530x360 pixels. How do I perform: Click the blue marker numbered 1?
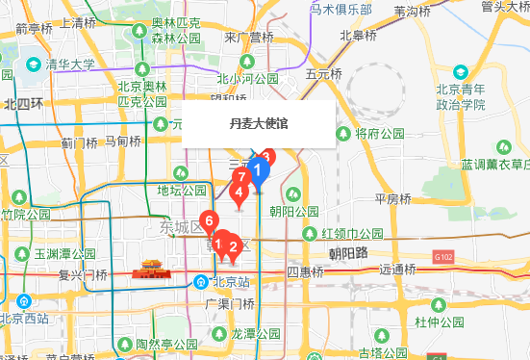click(x=258, y=172)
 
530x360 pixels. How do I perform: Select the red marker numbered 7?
click(x=244, y=178)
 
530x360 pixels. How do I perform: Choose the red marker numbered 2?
click(x=232, y=246)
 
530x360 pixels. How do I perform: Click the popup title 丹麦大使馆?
click(x=258, y=123)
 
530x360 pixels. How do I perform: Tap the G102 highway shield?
click(x=443, y=257)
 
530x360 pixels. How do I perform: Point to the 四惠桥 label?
click(x=308, y=272)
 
